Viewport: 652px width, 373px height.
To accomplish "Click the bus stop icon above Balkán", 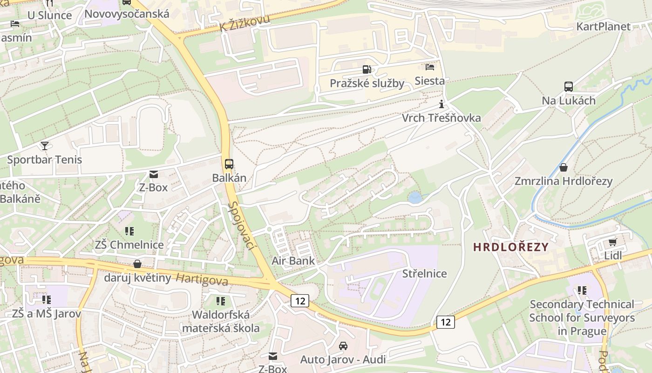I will (x=229, y=164).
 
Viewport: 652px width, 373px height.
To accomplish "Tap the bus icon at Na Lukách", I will (x=569, y=86).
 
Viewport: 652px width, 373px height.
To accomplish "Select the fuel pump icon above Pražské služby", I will (x=367, y=69).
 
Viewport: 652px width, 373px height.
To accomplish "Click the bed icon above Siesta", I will (x=430, y=67).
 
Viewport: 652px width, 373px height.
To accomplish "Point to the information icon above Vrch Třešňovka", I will (x=441, y=104).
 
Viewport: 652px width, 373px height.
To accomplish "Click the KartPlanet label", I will (x=603, y=27).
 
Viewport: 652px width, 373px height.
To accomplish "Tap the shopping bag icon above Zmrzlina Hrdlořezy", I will (x=564, y=167).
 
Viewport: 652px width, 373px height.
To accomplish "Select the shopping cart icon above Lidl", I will (x=612, y=242).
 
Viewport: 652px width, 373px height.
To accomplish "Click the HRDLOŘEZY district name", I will (x=511, y=247).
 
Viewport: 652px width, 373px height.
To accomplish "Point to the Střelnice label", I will (x=424, y=274).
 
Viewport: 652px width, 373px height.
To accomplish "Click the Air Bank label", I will (x=293, y=261).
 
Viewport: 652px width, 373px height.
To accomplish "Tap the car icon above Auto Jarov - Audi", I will (x=343, y=345).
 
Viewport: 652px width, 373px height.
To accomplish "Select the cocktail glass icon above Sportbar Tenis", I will (x=44, y=146).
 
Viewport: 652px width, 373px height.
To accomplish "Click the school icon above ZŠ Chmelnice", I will (x=129, y=231).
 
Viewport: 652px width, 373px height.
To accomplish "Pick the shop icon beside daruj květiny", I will (x=137, y=264).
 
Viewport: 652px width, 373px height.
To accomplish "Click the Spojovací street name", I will (x=244, y=226).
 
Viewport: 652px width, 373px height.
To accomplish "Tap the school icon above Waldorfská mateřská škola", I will (x=221, y=301).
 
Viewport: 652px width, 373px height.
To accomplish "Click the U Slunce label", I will (x=49, y=15).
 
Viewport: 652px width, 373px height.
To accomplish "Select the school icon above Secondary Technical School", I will (x=582, y=290).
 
